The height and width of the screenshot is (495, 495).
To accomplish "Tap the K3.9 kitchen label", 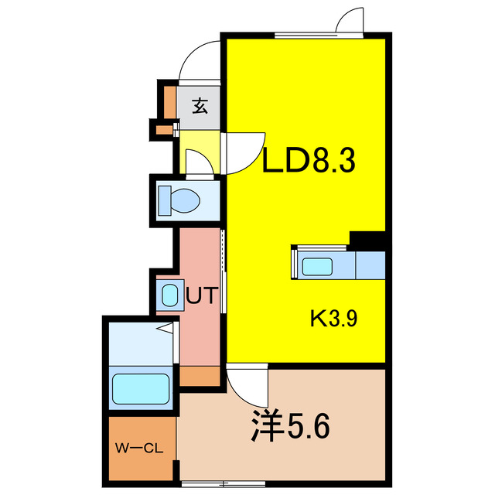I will click(x=333, y=318).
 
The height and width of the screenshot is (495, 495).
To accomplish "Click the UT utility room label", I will click(x=203, y=295).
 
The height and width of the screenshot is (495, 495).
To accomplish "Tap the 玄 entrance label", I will click(x=200, y=107).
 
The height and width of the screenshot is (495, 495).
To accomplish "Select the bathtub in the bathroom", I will click(x=141, y=388).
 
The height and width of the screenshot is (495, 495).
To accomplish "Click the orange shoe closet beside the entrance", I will click(x=169, y=101).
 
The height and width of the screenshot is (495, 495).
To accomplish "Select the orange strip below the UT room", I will click(x=201, y=377).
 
